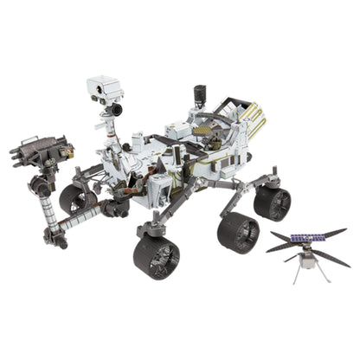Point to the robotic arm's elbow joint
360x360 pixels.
click(42, 185)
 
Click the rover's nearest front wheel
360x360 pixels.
click(157, 256)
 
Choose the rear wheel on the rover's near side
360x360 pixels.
click(273, 202)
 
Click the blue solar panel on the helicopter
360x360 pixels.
click(307, 239)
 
